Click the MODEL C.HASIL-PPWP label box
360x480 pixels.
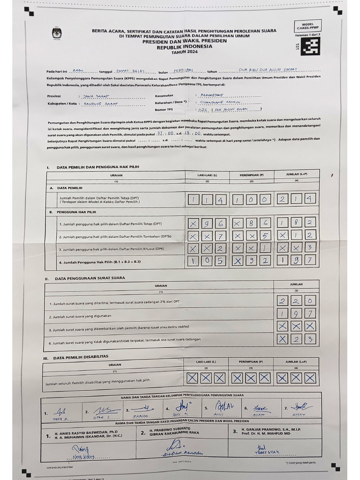tap(308, 26)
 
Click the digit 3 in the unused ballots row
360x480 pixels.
tap(309, 338)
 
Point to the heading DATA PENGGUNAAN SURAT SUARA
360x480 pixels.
tap(90, 278)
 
